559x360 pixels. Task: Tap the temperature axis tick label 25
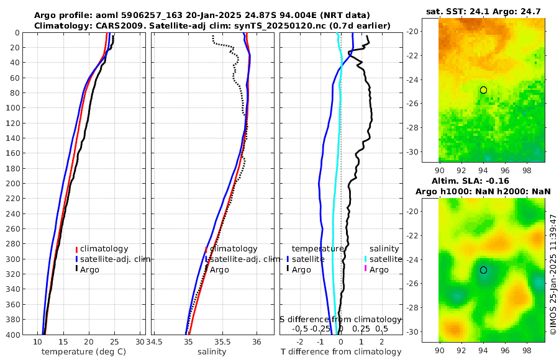[114, 342]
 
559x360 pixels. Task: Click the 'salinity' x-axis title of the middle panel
[212, 352]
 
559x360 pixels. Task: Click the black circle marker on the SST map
[483, 90]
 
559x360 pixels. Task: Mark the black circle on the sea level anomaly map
[483, 270]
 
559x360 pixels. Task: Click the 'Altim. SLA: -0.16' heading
[483, 180]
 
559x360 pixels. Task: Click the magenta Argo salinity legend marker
[366, 269]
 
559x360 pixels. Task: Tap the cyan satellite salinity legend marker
[366, 259]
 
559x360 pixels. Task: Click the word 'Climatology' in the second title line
[61, 25]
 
